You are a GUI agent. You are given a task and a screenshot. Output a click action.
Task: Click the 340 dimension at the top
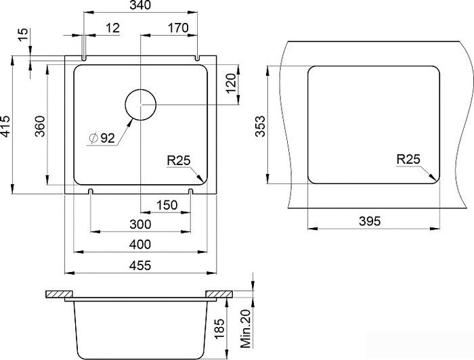point(141,5)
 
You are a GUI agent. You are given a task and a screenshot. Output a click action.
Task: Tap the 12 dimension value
point(113,28)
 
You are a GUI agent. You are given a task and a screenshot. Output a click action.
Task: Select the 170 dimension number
point(178,28)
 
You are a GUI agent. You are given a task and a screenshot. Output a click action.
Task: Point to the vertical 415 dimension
point(5,126)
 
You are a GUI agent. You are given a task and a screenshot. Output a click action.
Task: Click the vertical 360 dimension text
point(40,126)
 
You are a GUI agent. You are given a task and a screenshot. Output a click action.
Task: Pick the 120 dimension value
point(231,83)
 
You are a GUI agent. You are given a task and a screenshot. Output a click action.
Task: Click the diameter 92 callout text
point(102,138)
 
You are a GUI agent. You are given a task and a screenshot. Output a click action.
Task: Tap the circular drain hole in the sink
point(141,104)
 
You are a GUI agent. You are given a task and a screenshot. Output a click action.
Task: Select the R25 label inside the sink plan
point(179,160)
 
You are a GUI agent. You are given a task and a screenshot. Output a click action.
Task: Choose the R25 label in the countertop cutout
point(408,159)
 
